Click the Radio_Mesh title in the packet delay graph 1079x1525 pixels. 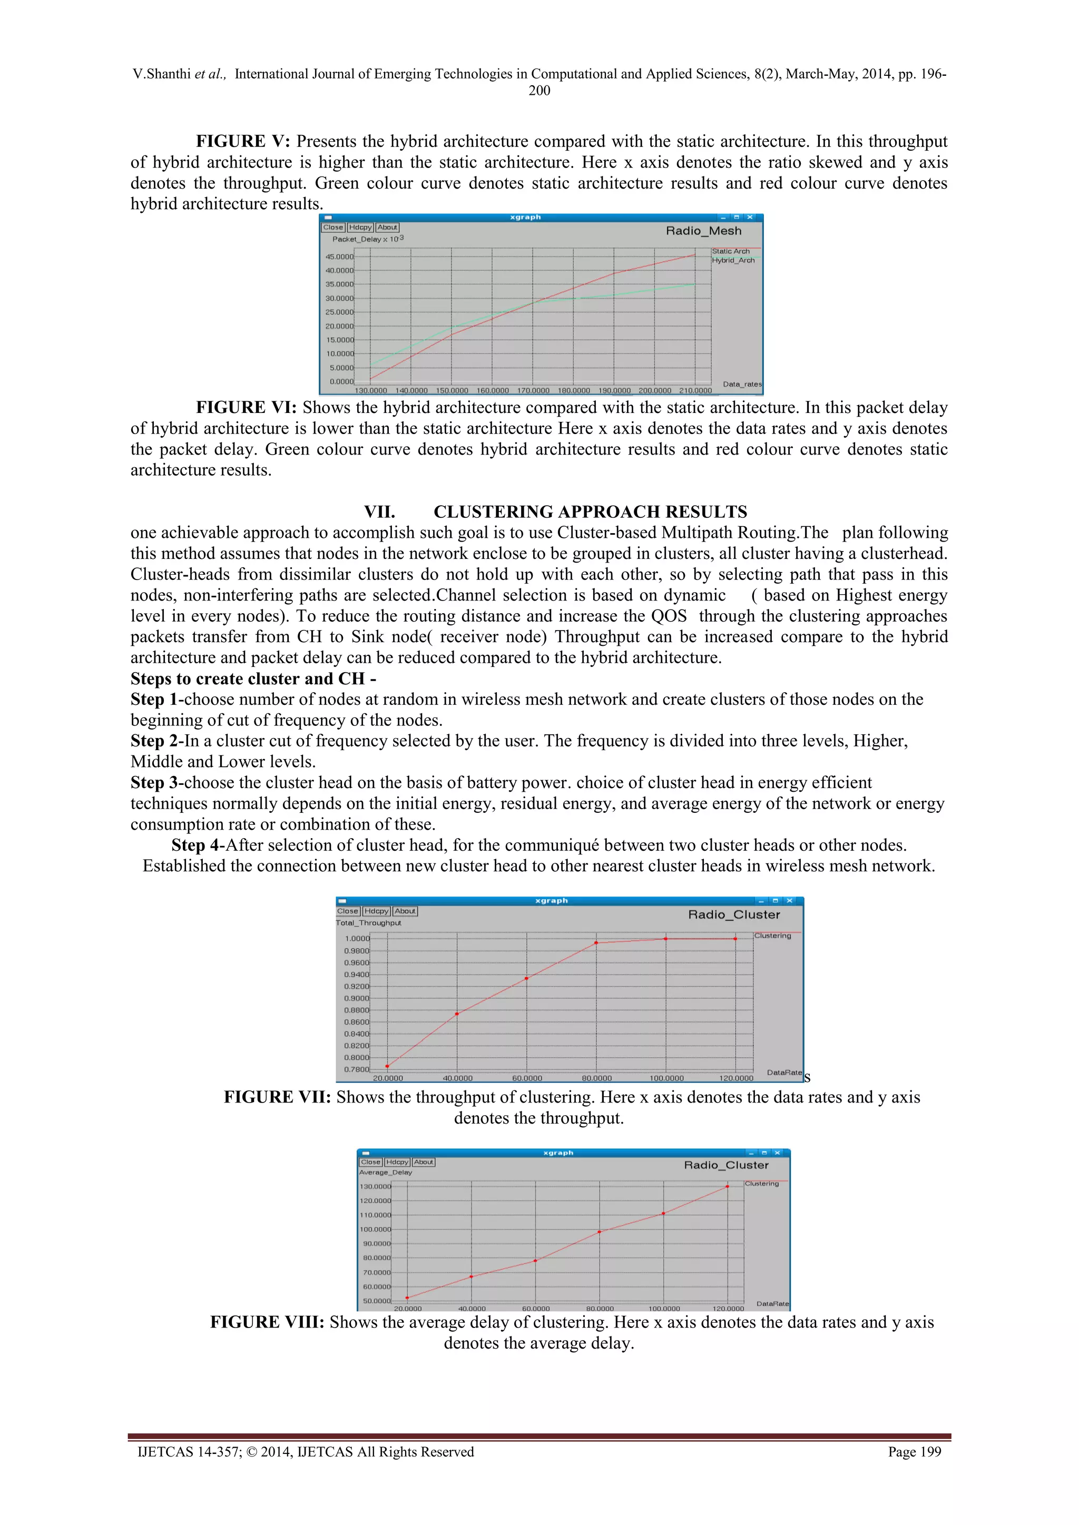pos(703,231)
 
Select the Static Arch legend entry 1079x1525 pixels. pos(730,251)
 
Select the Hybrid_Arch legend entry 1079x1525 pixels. pos(733,260)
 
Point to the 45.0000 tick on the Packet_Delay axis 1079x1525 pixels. pos(339,257)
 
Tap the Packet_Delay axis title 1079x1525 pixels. pos(367,239)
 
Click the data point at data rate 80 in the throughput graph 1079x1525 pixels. pos(596,942)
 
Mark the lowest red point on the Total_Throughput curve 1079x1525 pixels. pos(387,1067)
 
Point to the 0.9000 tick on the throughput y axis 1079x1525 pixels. pos(356,998)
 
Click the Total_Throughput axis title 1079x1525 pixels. pos(369,922)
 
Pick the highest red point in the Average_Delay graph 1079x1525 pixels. pos(728,1186)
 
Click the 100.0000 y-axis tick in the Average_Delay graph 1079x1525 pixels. pos(376,1229)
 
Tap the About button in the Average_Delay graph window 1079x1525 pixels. pos(423,1163)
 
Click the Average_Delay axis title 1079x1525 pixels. pos(385,1172)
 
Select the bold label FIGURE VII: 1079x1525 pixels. pos(277,1097)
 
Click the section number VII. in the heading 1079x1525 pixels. pos(379,511)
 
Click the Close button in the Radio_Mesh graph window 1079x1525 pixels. pos(333,227)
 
